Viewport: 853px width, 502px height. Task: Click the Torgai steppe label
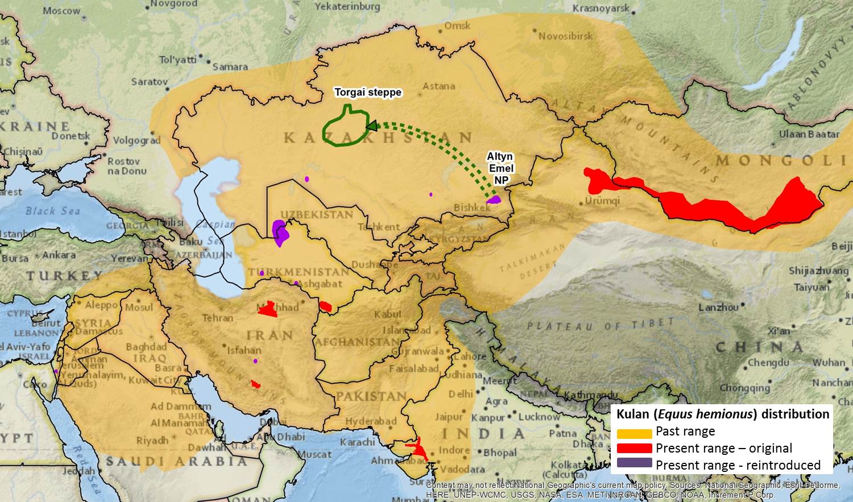367,92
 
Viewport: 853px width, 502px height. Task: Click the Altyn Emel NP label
500,168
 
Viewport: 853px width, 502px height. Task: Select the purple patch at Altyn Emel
494,200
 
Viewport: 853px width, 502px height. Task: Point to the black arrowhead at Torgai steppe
371,125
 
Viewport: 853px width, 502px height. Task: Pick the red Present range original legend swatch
634,449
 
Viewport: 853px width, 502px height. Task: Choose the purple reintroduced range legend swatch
634,463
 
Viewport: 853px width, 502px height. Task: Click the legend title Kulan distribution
722,414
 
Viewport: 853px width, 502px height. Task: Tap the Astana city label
439,86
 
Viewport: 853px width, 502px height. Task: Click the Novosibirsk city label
565,36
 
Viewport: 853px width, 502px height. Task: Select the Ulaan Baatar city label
809,134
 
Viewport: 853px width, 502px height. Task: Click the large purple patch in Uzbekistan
280,232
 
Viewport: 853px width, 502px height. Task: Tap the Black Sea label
53,211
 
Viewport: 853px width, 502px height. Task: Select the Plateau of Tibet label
600,325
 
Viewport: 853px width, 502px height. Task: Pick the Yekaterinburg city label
347,7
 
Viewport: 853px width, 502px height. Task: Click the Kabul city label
388,314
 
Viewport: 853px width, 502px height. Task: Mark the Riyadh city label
152,440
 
